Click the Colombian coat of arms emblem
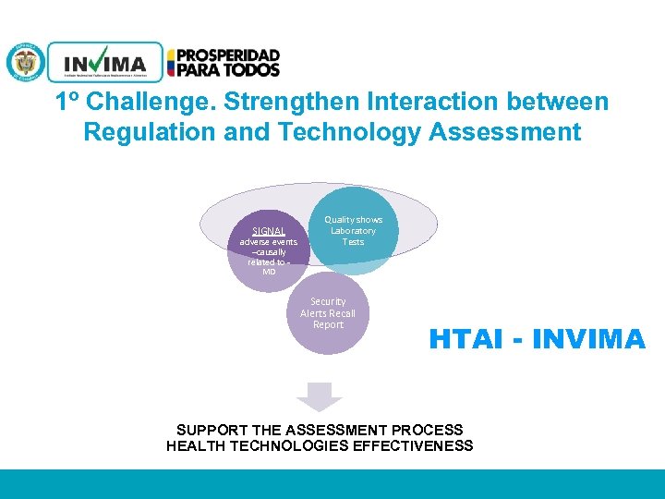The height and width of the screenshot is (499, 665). [x=25, y=63]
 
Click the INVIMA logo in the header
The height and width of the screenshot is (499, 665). [x=104, y=64]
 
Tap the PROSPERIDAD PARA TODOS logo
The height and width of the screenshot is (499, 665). [x=223, y=63]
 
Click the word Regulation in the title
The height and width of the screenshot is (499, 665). [x=151, y=132]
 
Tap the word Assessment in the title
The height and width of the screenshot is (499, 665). [x=505, y=132]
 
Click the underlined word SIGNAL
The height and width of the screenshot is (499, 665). [x=269, y=230]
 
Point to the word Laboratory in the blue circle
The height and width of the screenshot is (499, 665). [x=354, y=231]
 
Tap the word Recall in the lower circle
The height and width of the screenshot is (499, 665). [x=341, y=313]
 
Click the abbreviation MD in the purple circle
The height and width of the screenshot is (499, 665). [x=269, y=272]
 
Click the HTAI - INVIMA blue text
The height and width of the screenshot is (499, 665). [x=537, y=340]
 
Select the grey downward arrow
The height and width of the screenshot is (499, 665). [x=319, y=396]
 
